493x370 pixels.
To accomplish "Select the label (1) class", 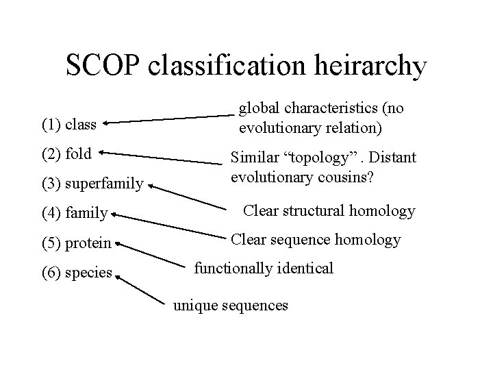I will click(x=69, y=125).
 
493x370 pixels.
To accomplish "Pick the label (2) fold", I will click(x=66, y=153).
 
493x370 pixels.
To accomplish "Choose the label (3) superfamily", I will click(x=92, y=184).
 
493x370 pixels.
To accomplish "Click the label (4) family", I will click(x=75, y=214).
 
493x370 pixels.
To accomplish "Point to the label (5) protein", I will click(x=77, y=243).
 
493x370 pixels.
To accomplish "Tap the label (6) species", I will click(x=77, y=272).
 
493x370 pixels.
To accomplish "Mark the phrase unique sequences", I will click(x=230, y=306).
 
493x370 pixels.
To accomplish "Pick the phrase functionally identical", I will click(x=264, y=268).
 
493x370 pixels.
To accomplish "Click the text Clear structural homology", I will click(x=329, y=210).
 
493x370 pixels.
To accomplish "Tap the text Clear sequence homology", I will click(x=315, y=239).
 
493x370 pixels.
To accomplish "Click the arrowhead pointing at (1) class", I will click(x=108, y=124).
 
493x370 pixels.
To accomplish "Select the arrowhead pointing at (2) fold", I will click(x=103, y=153).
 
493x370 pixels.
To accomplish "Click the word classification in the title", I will click(x=223, y=66).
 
